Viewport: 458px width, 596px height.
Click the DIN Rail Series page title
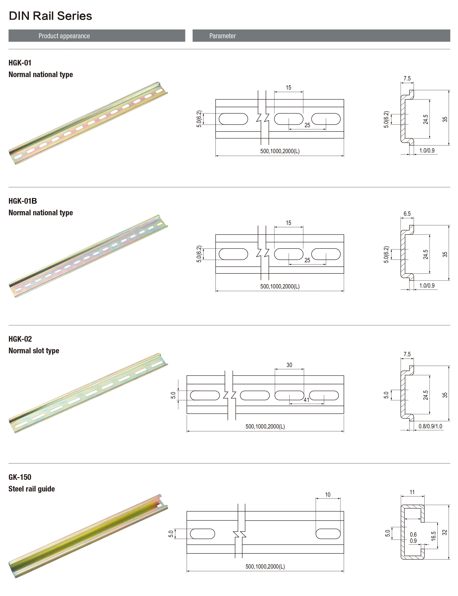click(x=50, y=16)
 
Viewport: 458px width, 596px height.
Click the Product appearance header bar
click(x=97, y=36)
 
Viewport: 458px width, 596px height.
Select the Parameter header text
click(x=223, y=36)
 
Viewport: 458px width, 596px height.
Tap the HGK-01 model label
click(x=20, y=63)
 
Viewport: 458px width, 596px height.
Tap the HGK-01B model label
click(x=23, y=201)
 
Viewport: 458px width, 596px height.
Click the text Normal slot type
click(x=34, y=351)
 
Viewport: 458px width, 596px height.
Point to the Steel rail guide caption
click(x=32, y=489)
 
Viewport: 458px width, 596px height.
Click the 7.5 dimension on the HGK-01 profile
click(x=407, y=79)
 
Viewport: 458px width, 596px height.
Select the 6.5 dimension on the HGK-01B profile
click(x=407, y=214)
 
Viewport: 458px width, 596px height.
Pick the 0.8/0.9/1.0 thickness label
click(x=430, y=426)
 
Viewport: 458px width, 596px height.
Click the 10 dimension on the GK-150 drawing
click(x=328, y=495)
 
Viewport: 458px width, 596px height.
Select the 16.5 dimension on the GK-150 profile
click(x=433, y=536)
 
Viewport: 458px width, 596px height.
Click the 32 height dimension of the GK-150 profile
click(x=445, y=532)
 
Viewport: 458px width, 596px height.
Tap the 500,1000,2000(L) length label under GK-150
click(x=265, y=566)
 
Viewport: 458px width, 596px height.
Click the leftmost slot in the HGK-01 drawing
click(x=233, y=119)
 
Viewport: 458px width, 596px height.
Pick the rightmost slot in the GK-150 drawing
click(x=328, y=534)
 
